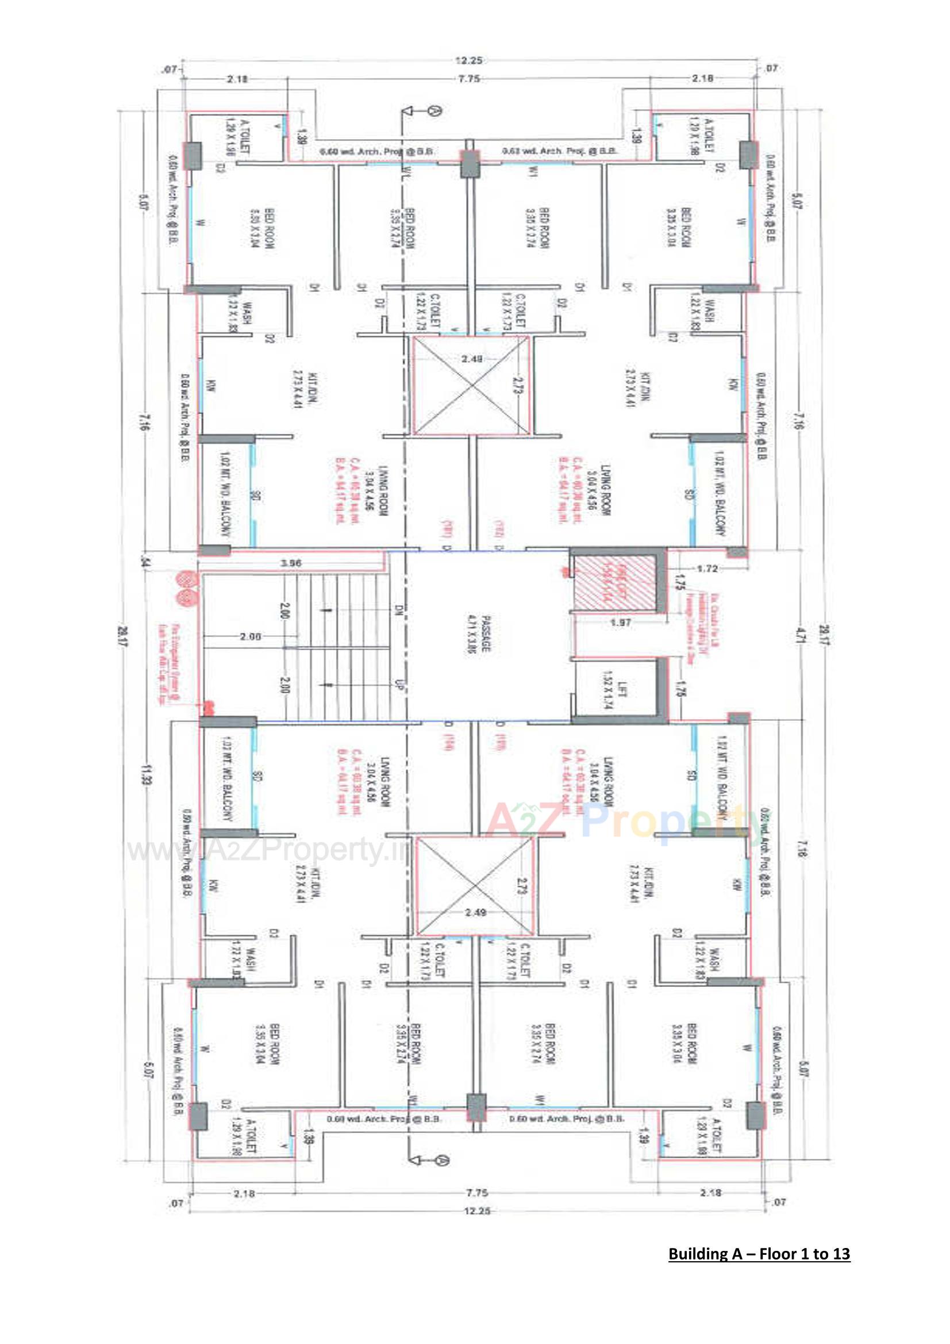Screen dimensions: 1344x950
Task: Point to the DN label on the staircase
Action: point(400,612)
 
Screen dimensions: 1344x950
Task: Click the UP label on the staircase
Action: point(401,685)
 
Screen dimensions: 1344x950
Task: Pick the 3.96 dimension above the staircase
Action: point(291,563)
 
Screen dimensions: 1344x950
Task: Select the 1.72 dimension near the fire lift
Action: point(707,569)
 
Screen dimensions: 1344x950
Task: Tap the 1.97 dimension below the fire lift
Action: point(620,622)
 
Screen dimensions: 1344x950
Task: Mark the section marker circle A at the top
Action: point(434,110)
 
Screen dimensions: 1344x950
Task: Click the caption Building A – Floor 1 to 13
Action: point(759,1254)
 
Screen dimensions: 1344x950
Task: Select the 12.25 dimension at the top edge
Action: point(468,60)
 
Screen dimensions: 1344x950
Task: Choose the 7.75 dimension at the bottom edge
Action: point(478,1193)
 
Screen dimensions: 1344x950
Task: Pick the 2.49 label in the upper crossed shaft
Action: point(472,358)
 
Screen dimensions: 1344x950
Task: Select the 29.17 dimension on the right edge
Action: point(824,635)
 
